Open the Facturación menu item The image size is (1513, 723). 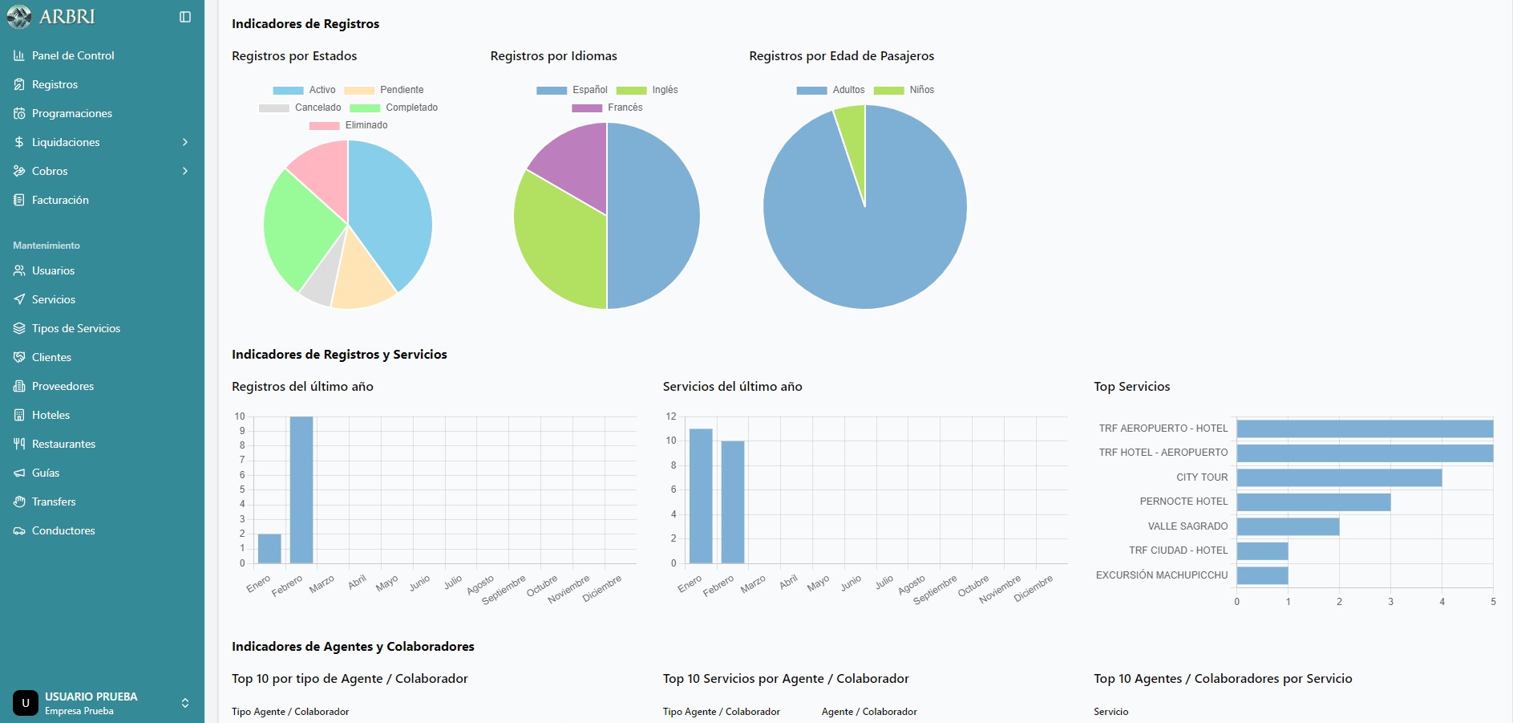pos(60,200)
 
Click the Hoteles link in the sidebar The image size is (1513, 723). pos(51,415)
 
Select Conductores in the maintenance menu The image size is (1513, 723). pos(63,530)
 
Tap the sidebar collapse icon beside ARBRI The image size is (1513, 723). pos(185,17)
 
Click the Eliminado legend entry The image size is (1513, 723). pos(349,125)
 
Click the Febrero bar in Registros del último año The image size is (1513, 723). pos(301,489)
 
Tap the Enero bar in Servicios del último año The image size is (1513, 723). pos(701,495)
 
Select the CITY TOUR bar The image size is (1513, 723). pos(1339,478)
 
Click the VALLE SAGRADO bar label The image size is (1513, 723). pos(1187,526)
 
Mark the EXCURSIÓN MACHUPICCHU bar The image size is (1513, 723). pos(1262,575)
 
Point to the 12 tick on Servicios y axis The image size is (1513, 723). pos(671,416)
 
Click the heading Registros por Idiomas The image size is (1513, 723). pos(553,56)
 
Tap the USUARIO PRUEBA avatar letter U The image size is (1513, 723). pos(26,703)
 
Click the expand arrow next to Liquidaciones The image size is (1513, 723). pos(185,142)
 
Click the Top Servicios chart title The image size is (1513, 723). pos(1131,387)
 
